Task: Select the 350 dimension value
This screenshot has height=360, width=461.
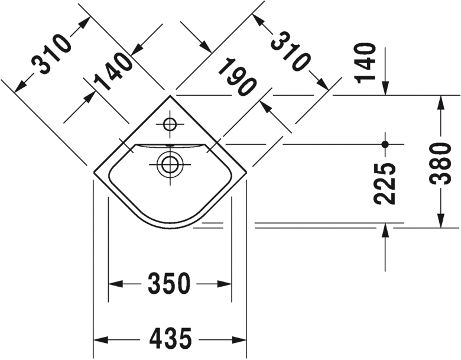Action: click(x=170, y=284)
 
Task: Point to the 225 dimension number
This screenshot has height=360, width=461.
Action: click(x=385, y=182)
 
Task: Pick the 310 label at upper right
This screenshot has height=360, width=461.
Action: click(x=290, y=51)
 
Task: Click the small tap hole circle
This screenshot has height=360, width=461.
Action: click(x=170, y=124)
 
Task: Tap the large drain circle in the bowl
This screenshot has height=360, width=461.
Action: click(x=170, y=163)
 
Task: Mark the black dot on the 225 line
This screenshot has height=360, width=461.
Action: click(x=385, y=144)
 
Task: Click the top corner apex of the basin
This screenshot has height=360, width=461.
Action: click(x=170, y=95)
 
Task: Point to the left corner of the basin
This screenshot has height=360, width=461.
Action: click(x=94, y=173)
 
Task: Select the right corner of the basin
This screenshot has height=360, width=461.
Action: click(x=246, y=173)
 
